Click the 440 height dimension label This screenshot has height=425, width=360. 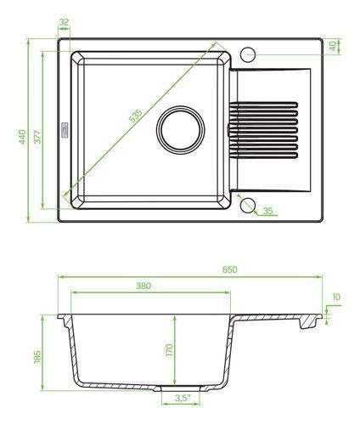(x=22, y=136)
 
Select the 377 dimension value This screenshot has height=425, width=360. (x=37, y=137)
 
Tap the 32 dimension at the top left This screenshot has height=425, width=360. (x=65, y=22)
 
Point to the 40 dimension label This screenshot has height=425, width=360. (x=333, y=46)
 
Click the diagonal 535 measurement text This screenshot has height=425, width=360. (x=136, y=116)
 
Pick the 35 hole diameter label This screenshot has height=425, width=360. (x=267, y=211)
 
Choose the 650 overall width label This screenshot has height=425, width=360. (x=229, y=269)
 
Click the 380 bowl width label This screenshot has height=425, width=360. (x=143, y=286)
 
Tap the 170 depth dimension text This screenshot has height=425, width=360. (x=169, y=350)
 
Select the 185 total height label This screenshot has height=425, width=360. (x=37, y=357)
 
